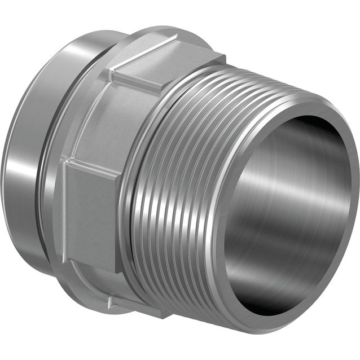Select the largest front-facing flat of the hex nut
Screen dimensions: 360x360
coord(90,214)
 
